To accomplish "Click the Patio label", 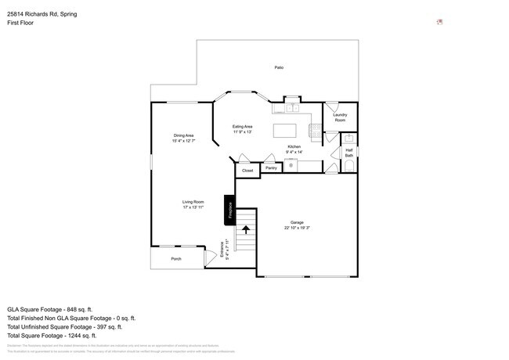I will (279, 68).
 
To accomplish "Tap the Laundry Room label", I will (340, 117).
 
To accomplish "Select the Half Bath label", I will (349, 153).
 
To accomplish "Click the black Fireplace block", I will (230, 210).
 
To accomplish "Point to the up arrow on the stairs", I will (247, 229).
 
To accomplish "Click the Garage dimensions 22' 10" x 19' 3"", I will (298, 228).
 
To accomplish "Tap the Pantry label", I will (271, 167).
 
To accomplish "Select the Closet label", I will (247, 170).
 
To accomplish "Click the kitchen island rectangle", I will (287, 130).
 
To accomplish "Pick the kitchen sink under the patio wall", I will (291, 108).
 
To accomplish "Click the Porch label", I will (176, 259).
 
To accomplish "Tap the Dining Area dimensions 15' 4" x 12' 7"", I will (183, 141).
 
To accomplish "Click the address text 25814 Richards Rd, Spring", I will (47, 14).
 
